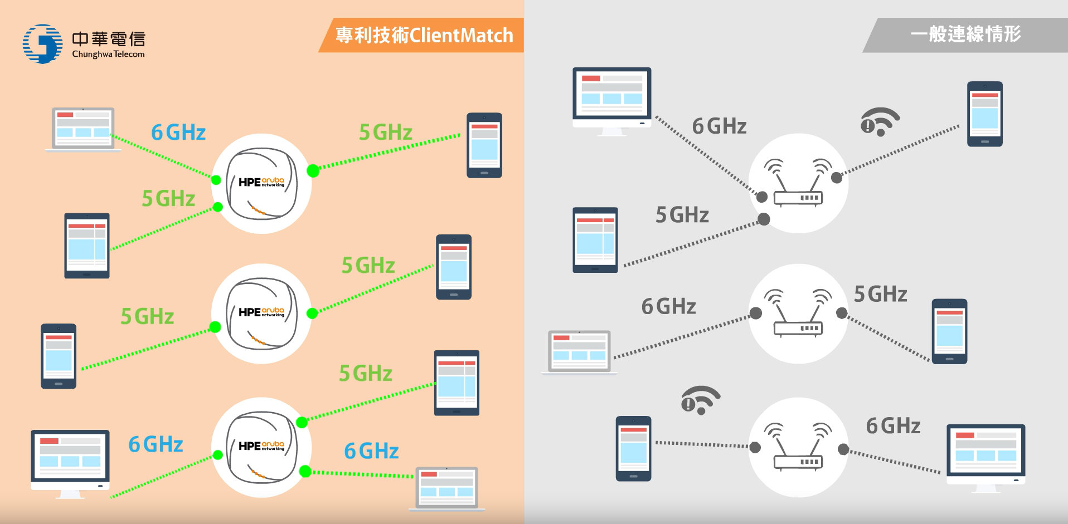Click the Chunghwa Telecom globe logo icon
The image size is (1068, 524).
[42, 43]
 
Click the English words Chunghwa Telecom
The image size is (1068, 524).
[108, 54]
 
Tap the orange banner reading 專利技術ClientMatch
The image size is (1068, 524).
[424, 35]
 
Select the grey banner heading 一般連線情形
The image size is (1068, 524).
[965, 35]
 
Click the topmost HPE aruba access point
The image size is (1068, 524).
[261, 183]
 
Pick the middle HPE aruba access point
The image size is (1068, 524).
[261, 314]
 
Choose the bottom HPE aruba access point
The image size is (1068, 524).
[261, 447]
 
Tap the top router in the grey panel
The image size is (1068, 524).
[798, 183]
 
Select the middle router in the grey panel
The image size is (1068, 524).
[798, 314]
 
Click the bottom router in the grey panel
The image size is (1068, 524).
[798, 447]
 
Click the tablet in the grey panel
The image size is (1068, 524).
[595, 240]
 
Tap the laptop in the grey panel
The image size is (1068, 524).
[580, 352]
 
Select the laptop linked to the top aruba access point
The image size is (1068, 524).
[84, 129]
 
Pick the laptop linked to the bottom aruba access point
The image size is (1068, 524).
[447, 489]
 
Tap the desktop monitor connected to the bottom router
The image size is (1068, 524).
[986, 457]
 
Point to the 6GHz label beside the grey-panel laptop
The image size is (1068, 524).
[669, 306]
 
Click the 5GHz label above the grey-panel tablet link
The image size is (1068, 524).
[682, 215]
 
